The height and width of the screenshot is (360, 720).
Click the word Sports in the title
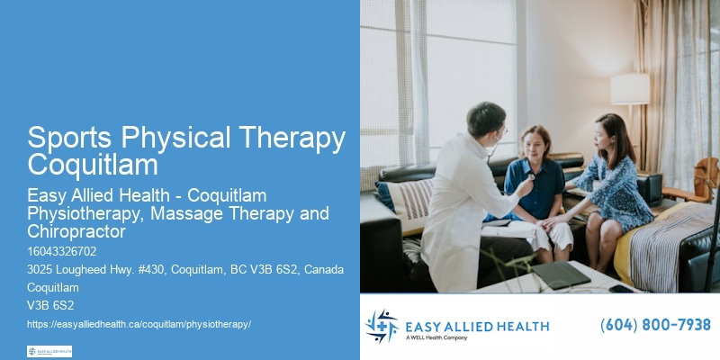(x=74, y=139)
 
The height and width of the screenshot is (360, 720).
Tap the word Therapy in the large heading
(x=289, y=139)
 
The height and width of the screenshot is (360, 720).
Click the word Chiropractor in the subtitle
(x=75, y=231)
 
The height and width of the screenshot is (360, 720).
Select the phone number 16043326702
(x=61, y=251)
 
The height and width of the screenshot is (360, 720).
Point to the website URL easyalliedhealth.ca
(x=139, y=322)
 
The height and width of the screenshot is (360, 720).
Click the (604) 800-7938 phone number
(x=655, y=325)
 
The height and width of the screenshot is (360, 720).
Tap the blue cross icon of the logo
(x=381, y=326)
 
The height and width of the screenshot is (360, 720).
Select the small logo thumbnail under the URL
(x=49, y=351)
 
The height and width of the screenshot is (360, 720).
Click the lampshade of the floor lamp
(x=630, y=88)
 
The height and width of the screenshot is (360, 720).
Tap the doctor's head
(x=487, y=119)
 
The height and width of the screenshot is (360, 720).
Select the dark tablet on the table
(x=560, y=274)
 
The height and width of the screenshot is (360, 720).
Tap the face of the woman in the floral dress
(x=605, y=136)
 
